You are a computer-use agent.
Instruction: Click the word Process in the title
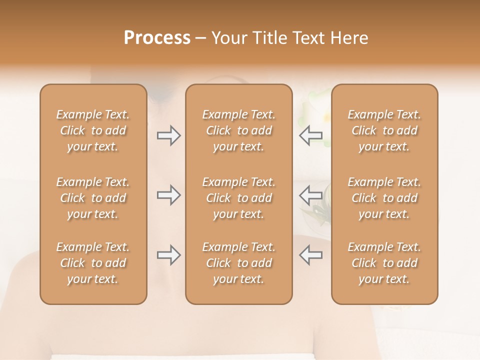(x=157, y=38)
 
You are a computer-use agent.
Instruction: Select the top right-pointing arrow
(x=168, y=135)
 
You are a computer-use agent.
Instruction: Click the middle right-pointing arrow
(x=168, y=195)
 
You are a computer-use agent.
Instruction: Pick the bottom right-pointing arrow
(x=168, y=255)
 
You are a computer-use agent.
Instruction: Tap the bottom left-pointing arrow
(x=310, y=255)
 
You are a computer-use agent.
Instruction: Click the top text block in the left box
(x=93, y=130)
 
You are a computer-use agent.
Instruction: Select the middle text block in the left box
(x=93, y=198)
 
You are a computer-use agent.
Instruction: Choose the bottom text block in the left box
(x=93, y=263)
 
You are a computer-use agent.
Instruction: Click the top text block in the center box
(x=239, y=130)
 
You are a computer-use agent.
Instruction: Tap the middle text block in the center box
(x=239, y=198)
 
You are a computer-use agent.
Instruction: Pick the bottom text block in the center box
(x=239, y=263)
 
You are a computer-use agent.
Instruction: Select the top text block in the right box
(x=384, y=130)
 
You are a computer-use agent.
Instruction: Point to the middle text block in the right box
(x=384, y=198)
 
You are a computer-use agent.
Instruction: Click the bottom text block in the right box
(x=384, y=263)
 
